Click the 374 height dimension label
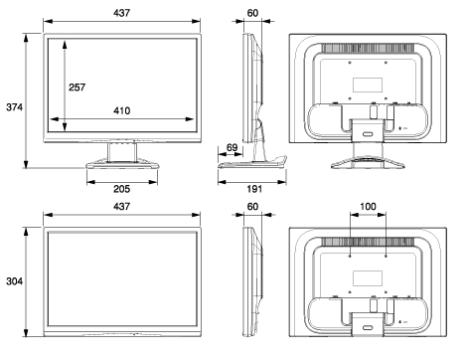point(14,107)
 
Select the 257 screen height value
point(77,88)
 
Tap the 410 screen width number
point(122,110)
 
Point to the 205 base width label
point(122,189)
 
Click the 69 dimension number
point(232,147)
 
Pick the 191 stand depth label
point(254,189)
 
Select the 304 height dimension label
point(14,281)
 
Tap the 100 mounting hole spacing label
point(368,207)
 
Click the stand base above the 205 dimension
point(122,165)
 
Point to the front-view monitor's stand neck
point(122,152)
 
